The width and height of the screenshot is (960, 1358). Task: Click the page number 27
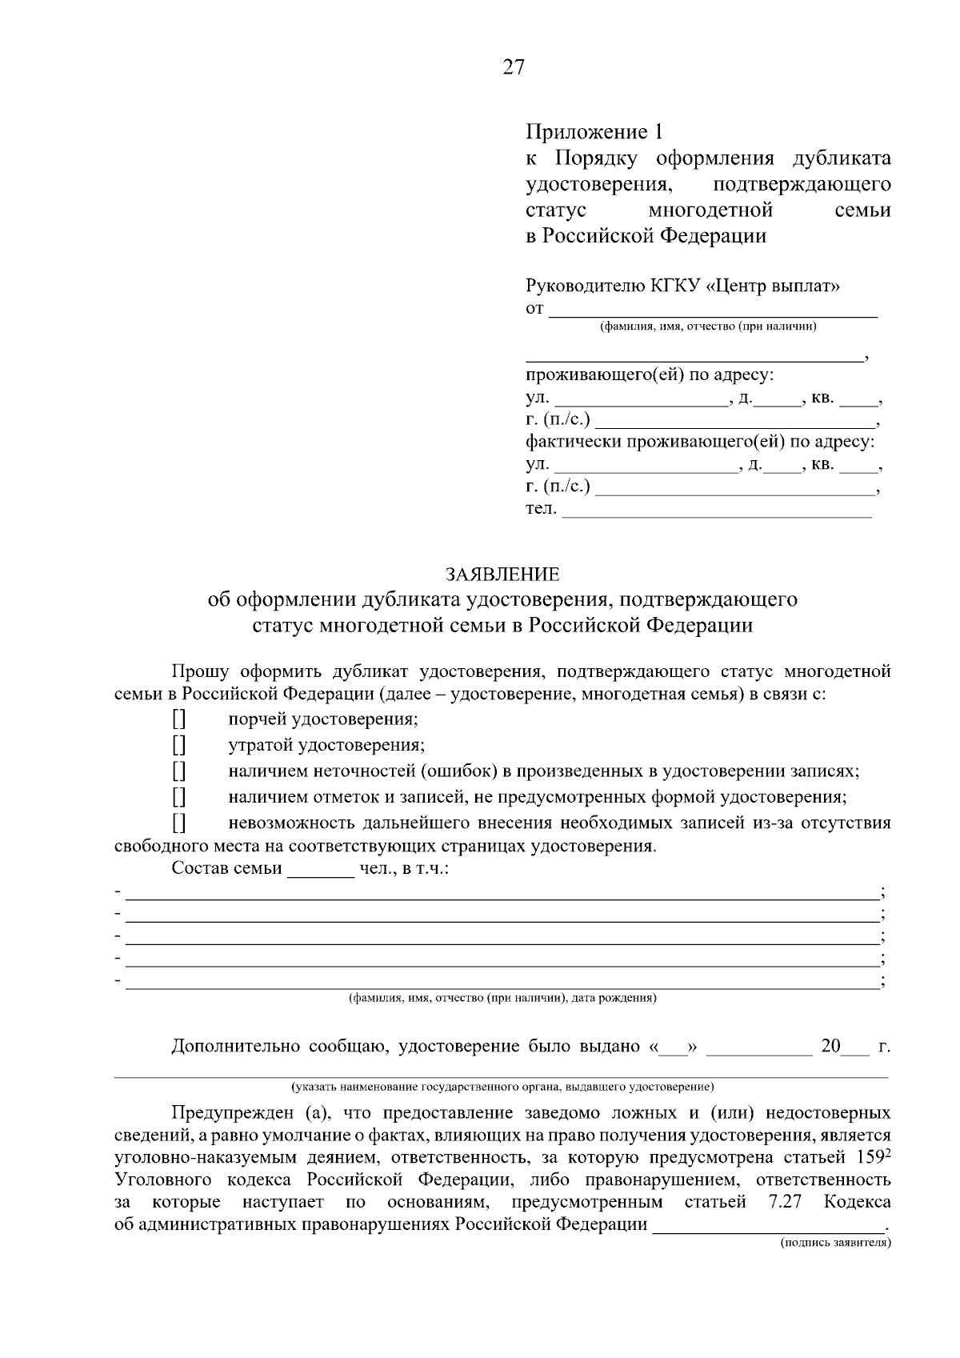pos(513,67)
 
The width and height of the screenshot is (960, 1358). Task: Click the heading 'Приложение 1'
pos(594,132)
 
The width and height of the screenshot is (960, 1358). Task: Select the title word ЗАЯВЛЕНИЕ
pos(502,574)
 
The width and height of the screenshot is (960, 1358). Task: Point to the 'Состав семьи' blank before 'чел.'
pos(320,870)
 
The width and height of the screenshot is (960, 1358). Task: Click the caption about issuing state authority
pos(502,1088)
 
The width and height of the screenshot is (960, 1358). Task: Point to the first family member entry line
pos(502,893)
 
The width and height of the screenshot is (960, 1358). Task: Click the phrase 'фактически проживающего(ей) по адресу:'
pos(700,442)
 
